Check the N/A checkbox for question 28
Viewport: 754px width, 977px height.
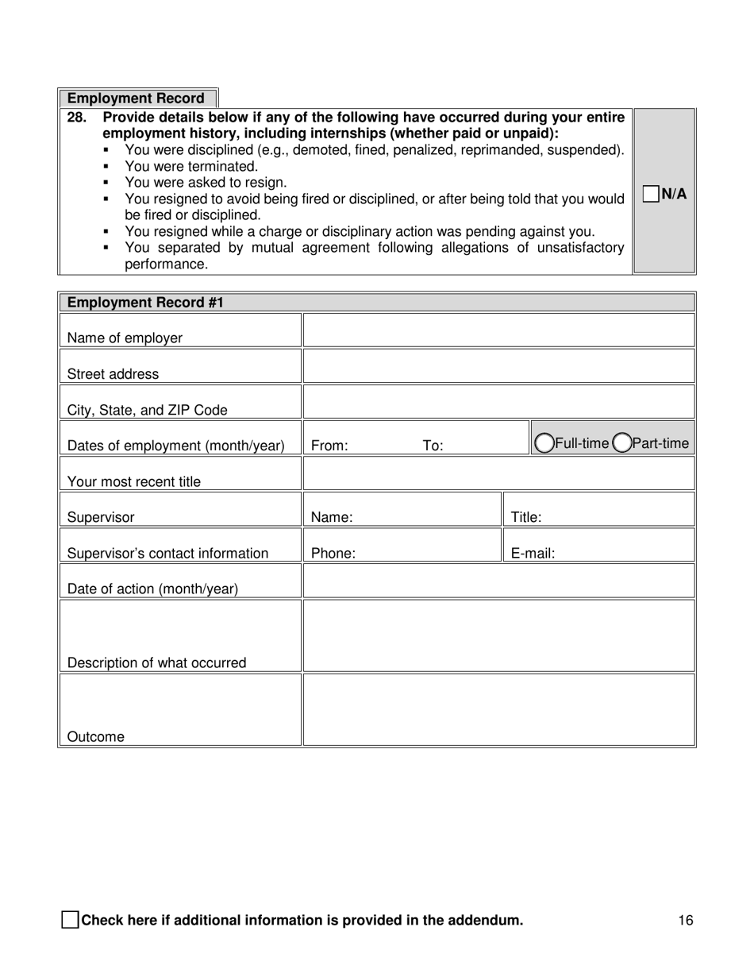(651, 194)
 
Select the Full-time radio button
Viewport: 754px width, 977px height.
(544, 443)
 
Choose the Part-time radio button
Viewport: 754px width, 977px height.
(621, 443)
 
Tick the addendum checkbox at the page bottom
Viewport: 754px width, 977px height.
(70, 921)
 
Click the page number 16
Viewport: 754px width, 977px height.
(686, 921)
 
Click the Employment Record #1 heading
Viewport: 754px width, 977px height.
(145, 303)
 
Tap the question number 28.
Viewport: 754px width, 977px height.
(76, 118)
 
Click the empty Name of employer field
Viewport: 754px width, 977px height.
(498, 330)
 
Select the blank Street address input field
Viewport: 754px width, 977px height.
(498, 366)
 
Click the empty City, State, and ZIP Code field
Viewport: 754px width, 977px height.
(498, 402)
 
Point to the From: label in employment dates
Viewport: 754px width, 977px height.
(329, 446)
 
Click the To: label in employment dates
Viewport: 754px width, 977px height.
(433, 446)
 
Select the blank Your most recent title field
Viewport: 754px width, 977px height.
(498, 473)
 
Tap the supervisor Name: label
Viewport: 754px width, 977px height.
(332, 518)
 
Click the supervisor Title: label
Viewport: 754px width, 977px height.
(525, 518)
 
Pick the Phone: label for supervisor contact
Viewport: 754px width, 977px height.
(333, 554)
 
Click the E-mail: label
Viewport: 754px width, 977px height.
(533, 554)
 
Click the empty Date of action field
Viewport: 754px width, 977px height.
(498, 581)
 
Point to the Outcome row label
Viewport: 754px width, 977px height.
(96, 737)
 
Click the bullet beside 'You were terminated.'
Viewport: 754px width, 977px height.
(106, 167)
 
